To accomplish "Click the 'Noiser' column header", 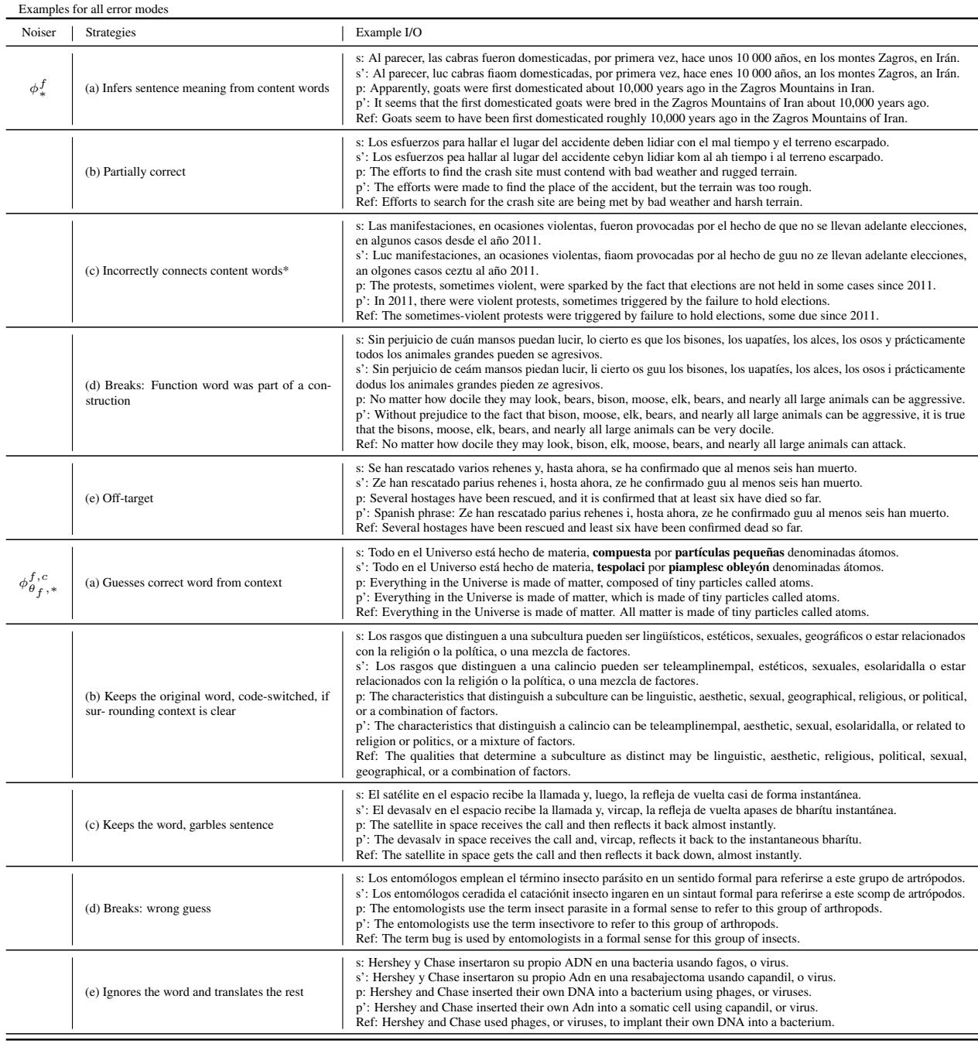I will click(x=34, y=34).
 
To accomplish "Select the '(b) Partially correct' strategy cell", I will click(x=135, y=172).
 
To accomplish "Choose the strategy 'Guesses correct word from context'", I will click(x=183, y=582).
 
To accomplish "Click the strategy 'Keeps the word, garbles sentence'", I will click(x=179, y=824).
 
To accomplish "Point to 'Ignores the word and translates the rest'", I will click(x=194, y=991).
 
